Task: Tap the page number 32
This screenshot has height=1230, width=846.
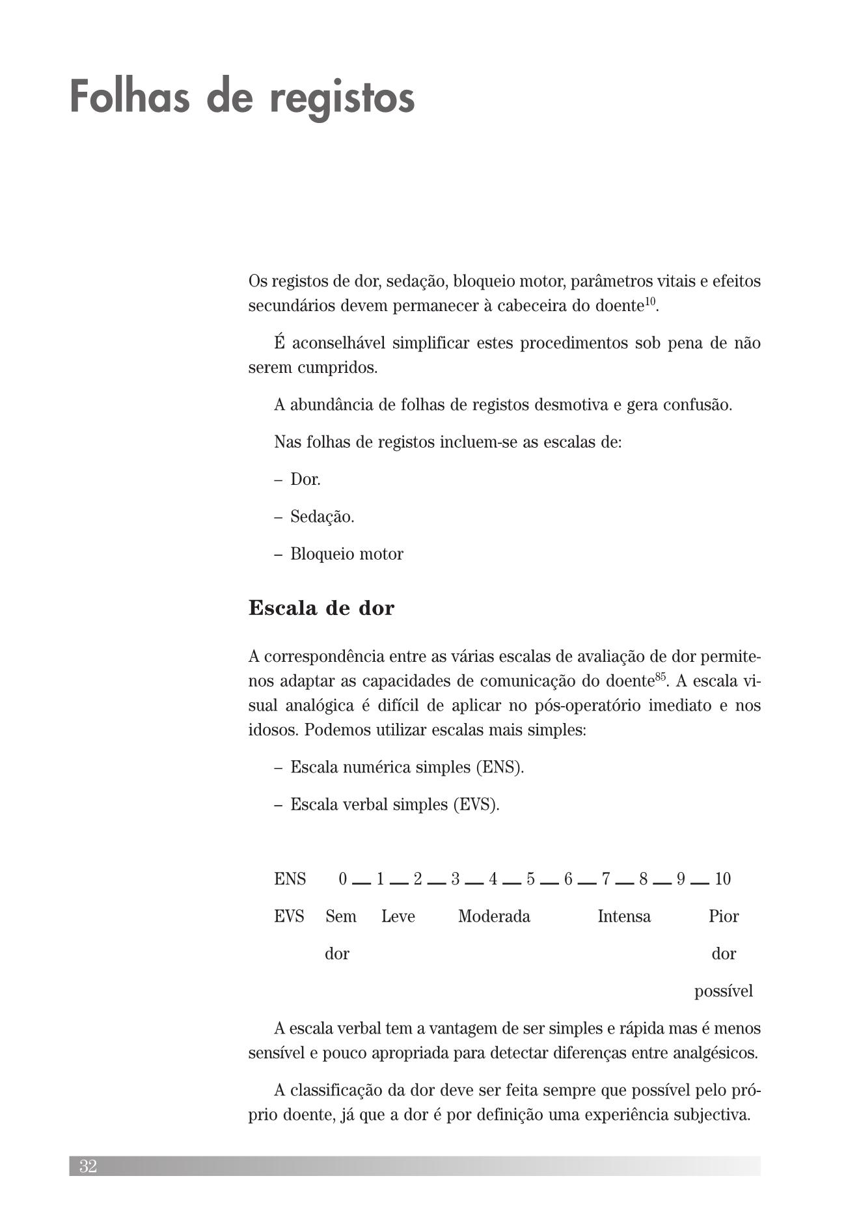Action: tap(88, 1166)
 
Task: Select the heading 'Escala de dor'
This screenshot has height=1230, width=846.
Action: tap(321, 608)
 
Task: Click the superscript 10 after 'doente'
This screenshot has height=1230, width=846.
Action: tap(650, 300)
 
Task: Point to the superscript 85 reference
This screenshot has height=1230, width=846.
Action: tap(661, 676)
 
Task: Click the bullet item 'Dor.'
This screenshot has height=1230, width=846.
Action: tap(305, 480)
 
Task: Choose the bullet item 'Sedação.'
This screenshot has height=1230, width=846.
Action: tap(322, 517)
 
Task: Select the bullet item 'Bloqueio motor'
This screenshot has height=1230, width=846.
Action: tap(346, 554)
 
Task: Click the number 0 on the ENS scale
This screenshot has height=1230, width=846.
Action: tap(343, 879)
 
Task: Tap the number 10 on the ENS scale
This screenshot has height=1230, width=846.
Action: tap(722, 879)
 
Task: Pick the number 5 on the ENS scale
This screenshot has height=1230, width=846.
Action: tap(531, 879)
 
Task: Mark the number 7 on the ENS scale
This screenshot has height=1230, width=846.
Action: tap(606, 879)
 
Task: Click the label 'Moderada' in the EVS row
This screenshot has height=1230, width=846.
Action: tap(494, 916)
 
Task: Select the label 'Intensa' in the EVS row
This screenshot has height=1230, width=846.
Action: tap(624, 916)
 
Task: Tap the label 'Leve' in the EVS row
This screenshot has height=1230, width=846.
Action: tap(398, 916)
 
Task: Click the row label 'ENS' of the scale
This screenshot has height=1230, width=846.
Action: tap(290, 879)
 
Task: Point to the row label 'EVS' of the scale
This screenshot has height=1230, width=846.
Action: tap(289, 916)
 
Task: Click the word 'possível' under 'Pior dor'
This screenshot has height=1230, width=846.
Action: tap(723, 991)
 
